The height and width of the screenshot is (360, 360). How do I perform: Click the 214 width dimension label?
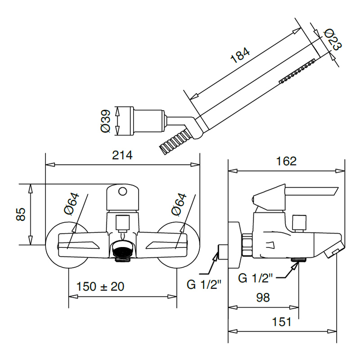tap(122, 156)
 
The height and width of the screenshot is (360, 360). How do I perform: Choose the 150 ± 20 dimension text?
tap(100, 286)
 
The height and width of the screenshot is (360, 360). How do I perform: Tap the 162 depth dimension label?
tap(287, 161)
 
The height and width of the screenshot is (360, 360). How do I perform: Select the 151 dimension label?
tap(282, 322)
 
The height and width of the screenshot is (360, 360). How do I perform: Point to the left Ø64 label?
tap(71, 204)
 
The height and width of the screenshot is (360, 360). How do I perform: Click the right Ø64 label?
tap(178, 204)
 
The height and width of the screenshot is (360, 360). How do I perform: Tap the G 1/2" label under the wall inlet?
tap(204, 284)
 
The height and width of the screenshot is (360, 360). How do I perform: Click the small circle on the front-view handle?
tap(122, 191)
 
